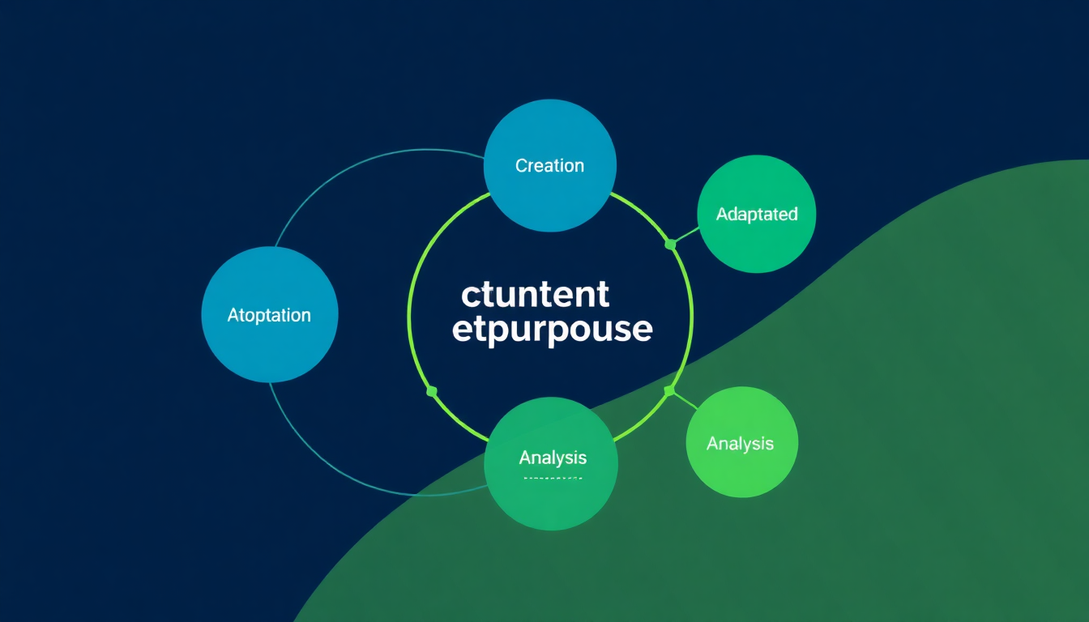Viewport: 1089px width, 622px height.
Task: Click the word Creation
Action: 549,165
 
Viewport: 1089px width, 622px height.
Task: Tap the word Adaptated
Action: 757,214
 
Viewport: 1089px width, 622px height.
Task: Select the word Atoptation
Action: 269,315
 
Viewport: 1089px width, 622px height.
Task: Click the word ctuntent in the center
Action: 535,295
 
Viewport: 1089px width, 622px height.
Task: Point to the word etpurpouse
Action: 552,330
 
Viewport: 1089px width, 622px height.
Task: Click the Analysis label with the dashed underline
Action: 553,458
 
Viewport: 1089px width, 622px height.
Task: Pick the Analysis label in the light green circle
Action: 740,443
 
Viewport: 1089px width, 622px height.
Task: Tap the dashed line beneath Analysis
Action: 553,478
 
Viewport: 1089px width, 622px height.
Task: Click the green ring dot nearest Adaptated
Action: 670,243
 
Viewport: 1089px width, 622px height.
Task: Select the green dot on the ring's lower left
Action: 432,392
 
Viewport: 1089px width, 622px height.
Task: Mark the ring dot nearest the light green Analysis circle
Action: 669,391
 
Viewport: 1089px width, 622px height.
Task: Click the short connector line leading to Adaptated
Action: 685,235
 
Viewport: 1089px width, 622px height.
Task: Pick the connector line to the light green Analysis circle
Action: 683,401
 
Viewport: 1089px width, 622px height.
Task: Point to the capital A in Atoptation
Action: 233,315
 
